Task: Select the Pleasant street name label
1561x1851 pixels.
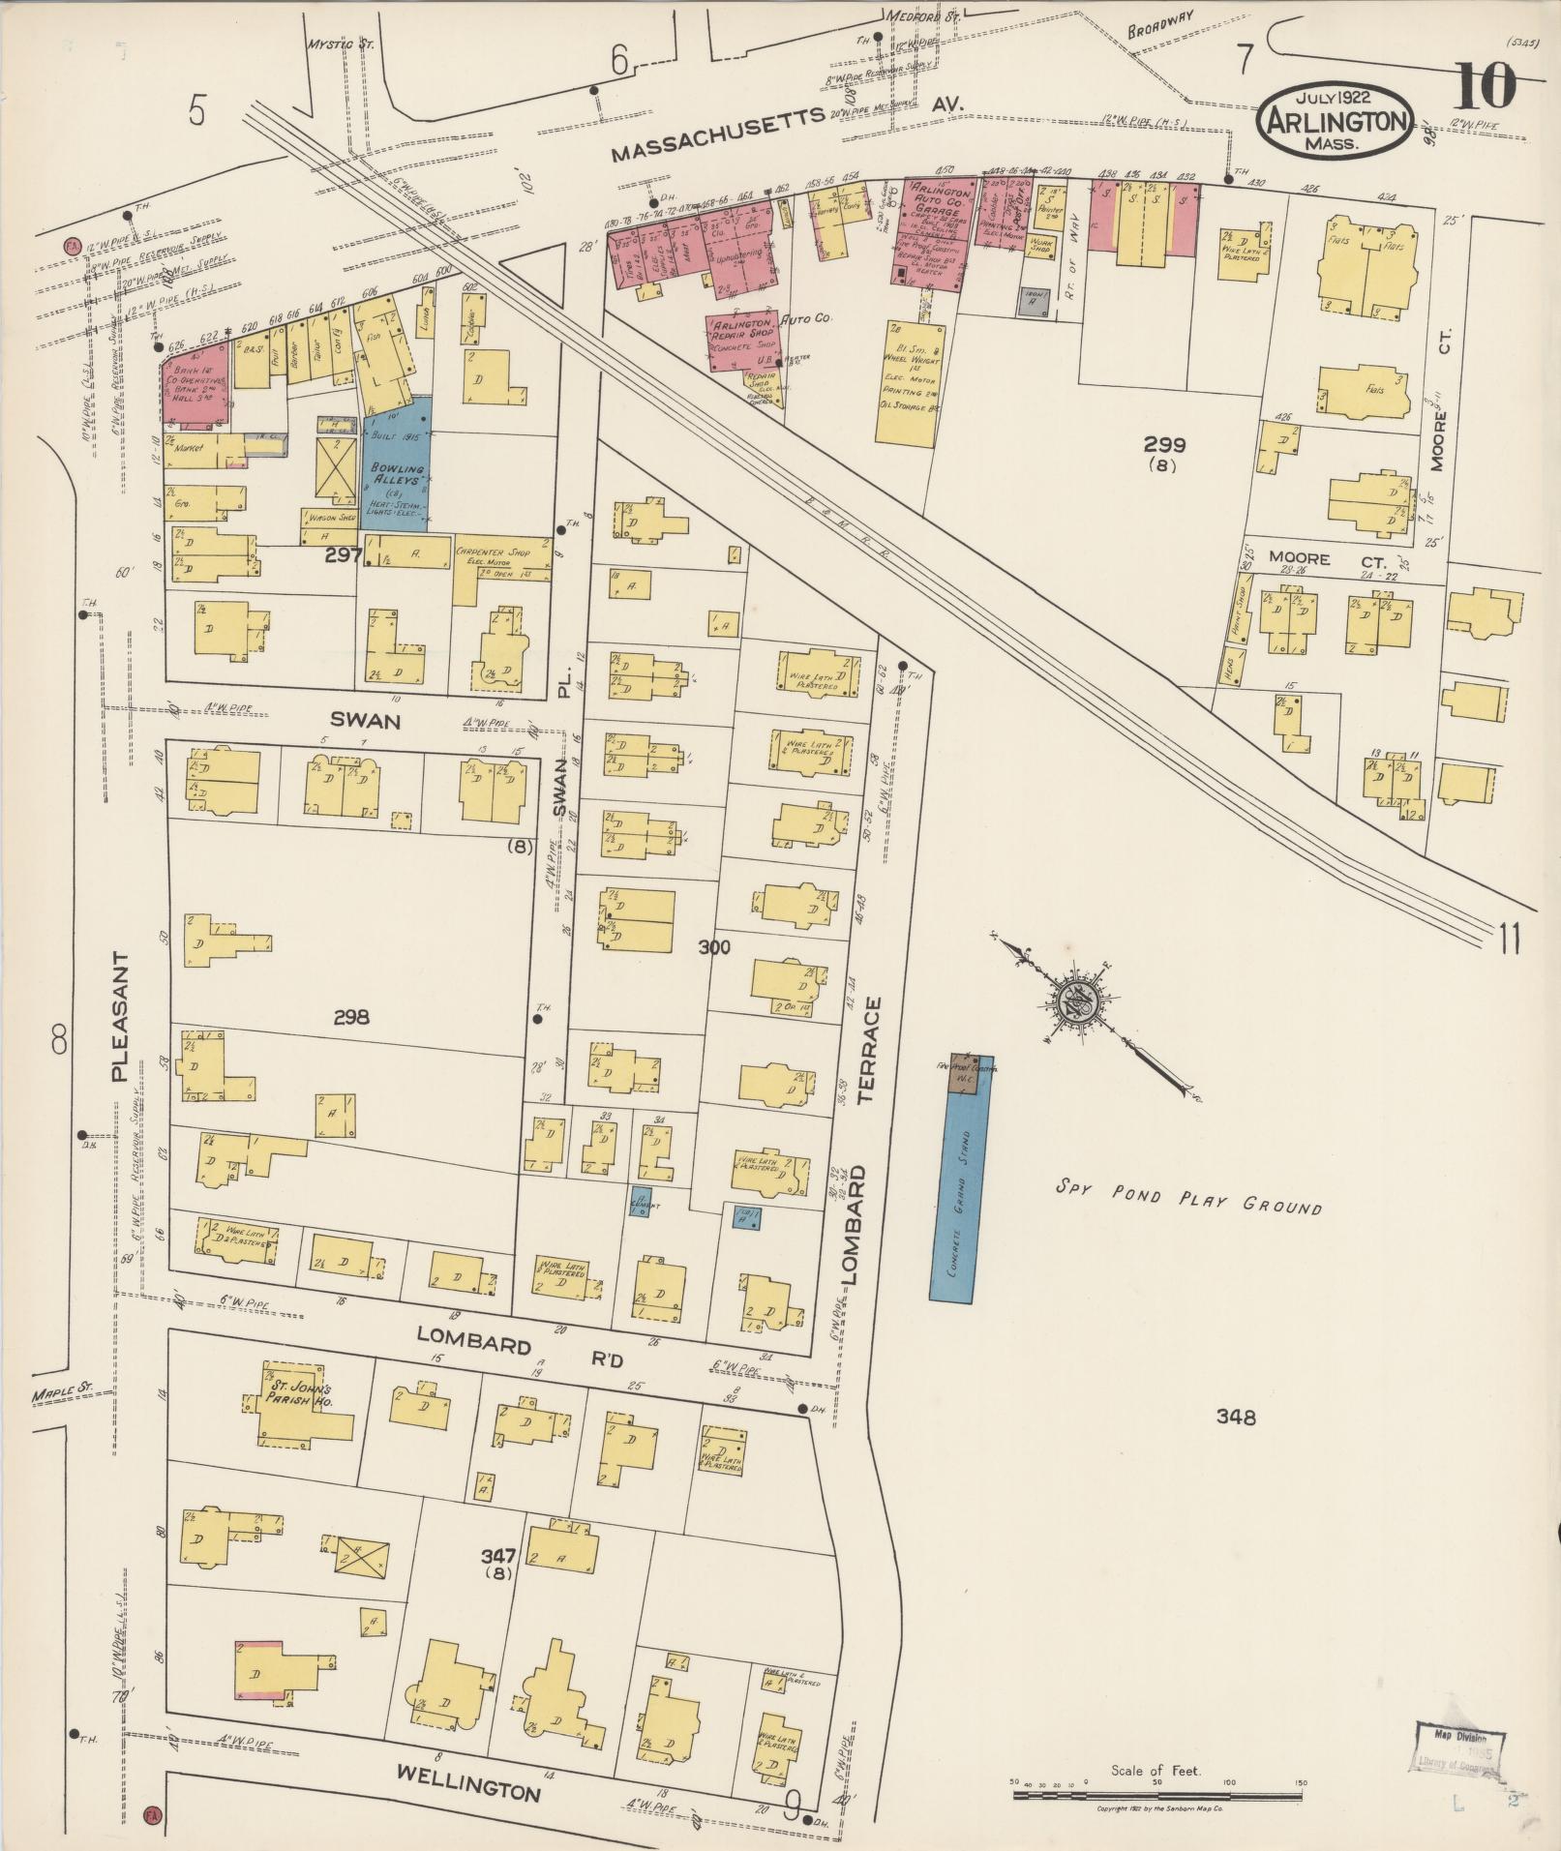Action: (x=120, y=1016)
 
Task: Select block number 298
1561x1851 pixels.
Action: (x=351, y=1017)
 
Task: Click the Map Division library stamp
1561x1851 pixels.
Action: (x=1458, y=1750)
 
